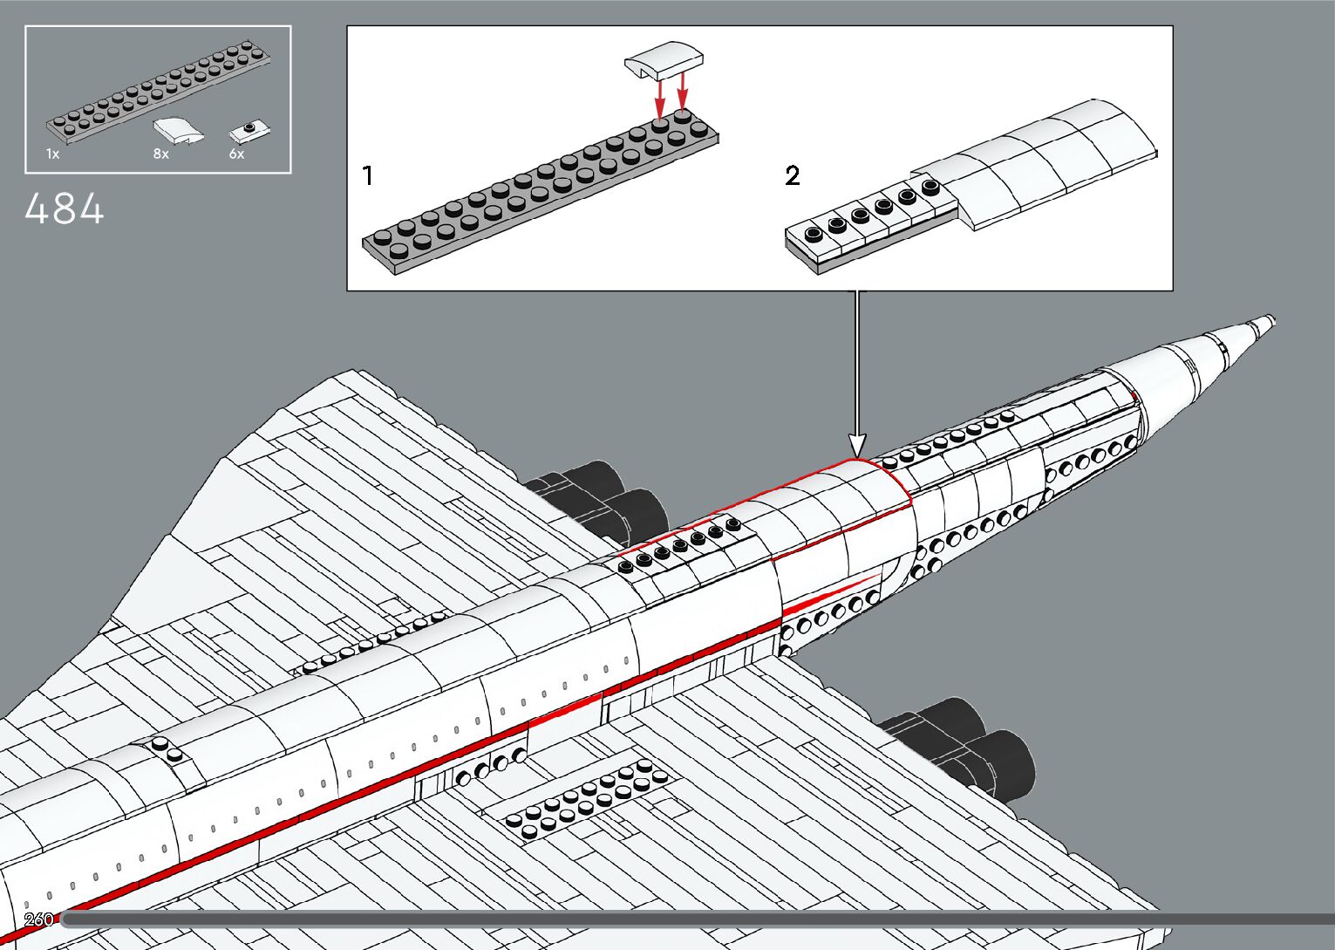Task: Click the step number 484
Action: [x=65, y=210]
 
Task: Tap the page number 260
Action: [x=39, y=919]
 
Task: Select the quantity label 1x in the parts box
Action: [x=53, y=154]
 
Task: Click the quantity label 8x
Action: [x=161, y=154]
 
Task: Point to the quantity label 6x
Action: [x=237, y=154]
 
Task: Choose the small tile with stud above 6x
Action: [x=249, y=132]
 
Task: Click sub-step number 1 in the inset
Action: [x=368, y=176]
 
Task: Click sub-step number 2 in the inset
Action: [x=792, y=176]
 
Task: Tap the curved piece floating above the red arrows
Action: [x=664, y=60]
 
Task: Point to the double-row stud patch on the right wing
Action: [x=589, y=800]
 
